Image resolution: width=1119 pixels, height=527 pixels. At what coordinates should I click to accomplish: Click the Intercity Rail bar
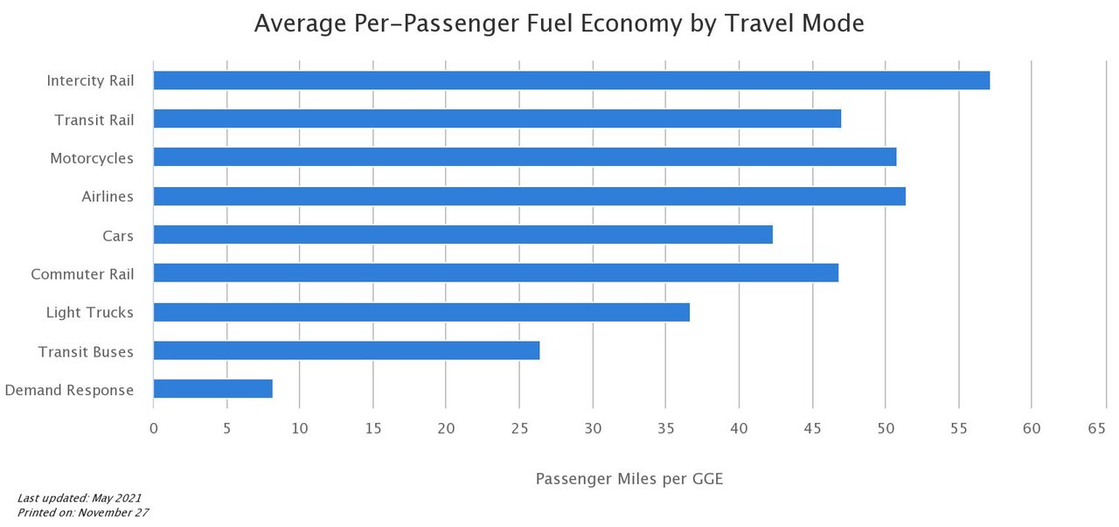coord(571,80)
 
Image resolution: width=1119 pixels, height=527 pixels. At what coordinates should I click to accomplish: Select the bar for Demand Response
coord(212,389)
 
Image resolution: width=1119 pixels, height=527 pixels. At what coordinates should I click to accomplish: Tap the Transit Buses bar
coord(346,350)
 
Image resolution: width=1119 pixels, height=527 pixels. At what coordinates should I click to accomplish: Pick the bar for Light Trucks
coord(421,312)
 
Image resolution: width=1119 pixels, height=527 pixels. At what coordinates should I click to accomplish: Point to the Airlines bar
coord(529,196)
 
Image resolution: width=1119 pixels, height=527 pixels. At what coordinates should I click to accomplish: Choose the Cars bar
coord(462,234)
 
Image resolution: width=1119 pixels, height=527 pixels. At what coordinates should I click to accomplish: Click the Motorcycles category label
coord(92,158)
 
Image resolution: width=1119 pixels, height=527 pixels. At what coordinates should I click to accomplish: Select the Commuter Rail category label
coord(82,274)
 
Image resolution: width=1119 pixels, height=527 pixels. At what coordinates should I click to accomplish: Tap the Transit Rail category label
coord(94,120)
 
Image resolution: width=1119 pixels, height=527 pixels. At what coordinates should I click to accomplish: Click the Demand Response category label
coord(69,390)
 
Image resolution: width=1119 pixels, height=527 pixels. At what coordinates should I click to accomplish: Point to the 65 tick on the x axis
coord(1097,428)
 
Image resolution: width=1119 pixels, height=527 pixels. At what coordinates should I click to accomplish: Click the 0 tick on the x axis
coord(154,428)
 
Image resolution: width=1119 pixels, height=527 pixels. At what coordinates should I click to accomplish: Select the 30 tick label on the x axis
coord(593,428)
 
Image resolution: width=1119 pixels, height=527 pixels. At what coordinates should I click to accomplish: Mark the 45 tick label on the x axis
coord(812,428)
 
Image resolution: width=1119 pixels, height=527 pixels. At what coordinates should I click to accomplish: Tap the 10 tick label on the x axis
coord(300,428)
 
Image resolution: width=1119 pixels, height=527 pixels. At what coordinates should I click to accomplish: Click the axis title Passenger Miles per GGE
coord(629,478)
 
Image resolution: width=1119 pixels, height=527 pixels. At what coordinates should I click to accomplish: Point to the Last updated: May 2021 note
coord(79,497)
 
